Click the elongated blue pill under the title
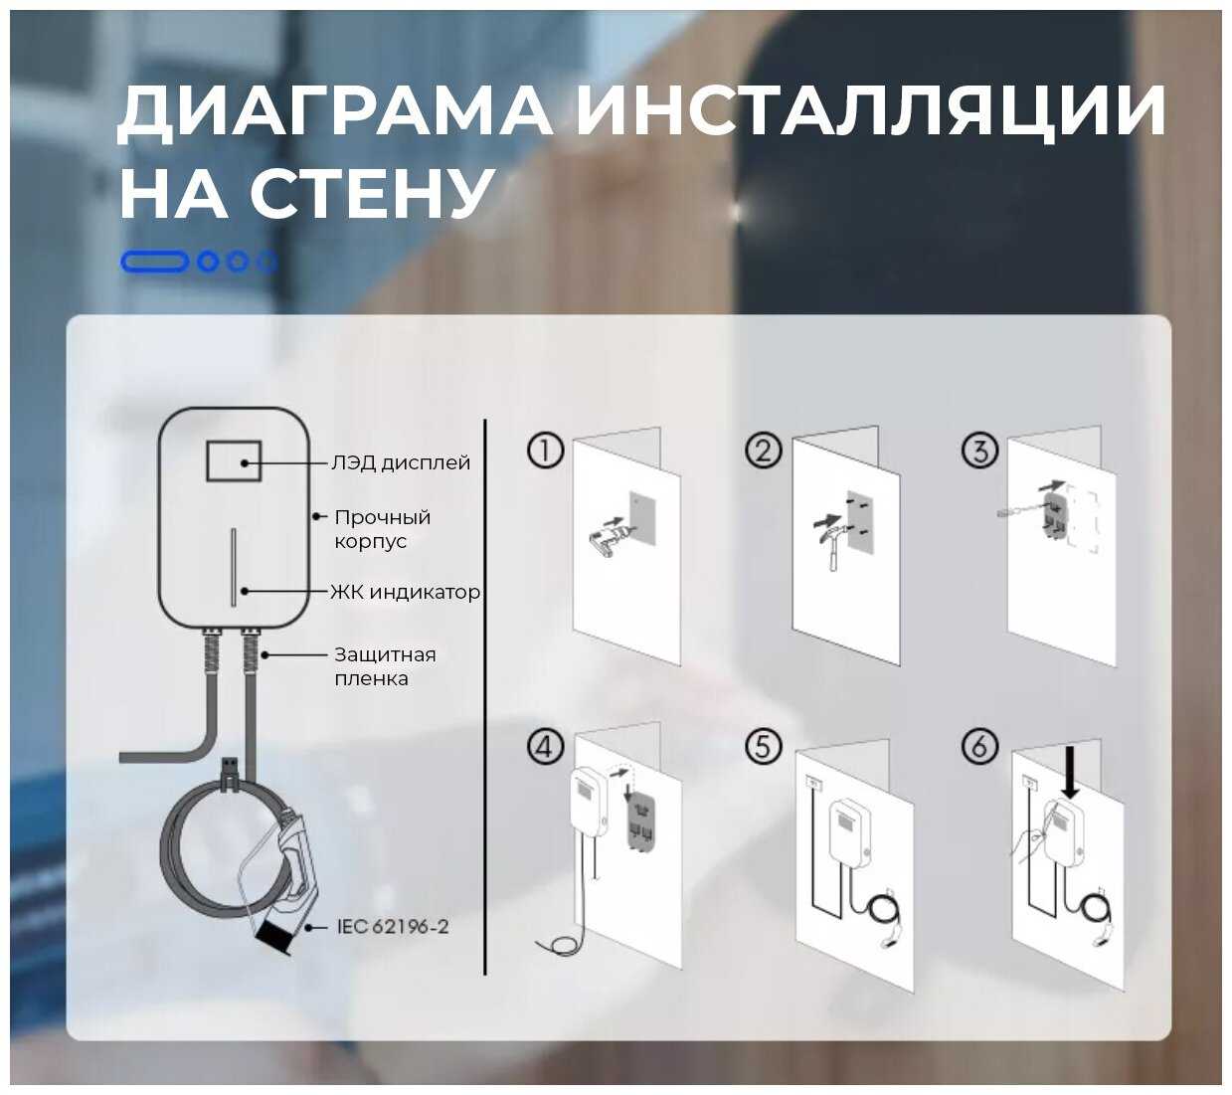(x=154, y=262)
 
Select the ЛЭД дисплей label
(x=401, y=462)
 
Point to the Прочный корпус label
(x=382, y=529)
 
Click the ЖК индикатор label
(x=406, y=593)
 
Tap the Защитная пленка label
(x=384, y=666)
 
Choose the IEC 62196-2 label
(x=393, y=927)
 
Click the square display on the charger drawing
(x=234, y=461)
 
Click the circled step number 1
(x=545, y=451)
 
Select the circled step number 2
(x=764, y=451)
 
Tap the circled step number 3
(x=979, y=451)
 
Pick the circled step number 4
(x=545, y=746)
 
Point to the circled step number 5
(x=764, y=746)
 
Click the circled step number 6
(x=979, y=746)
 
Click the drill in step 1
(x=607, y=537)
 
